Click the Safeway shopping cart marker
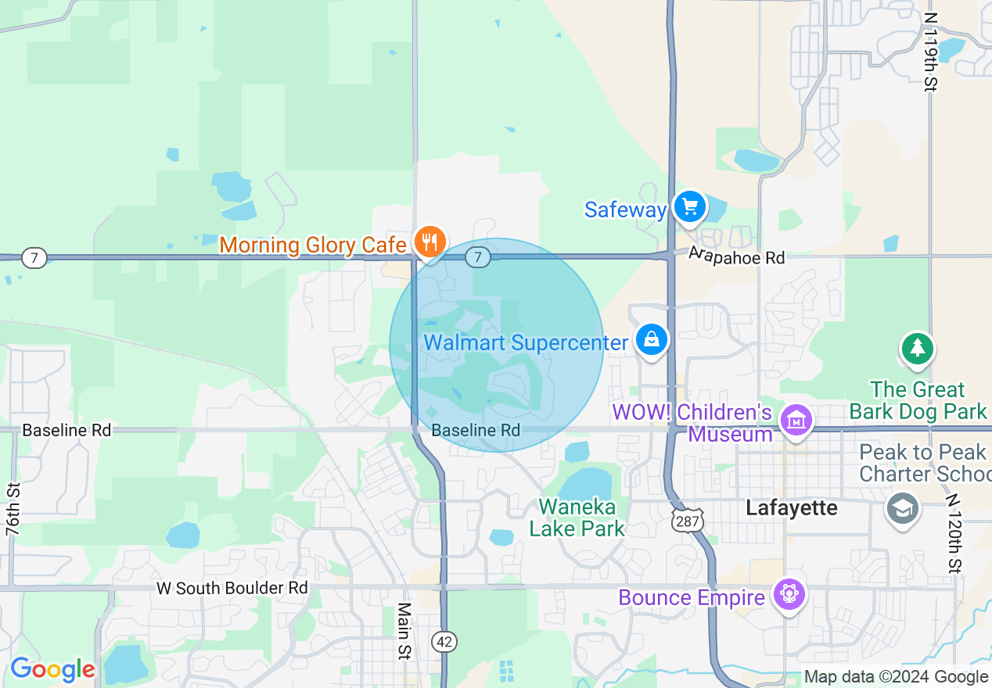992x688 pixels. point(689,207)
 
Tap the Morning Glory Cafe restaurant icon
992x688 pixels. point(429,242)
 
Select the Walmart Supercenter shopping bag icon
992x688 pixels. point(651,339)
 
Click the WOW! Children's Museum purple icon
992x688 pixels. point(796,421)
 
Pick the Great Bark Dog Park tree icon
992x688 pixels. point(917,348)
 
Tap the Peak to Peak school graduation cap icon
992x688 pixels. point(902,509)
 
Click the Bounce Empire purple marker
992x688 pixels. point(788,594)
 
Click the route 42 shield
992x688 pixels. point(444,642)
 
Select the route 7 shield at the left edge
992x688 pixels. point(34,257)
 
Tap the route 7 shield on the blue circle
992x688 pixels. point(478,256)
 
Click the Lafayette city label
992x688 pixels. point(791,508)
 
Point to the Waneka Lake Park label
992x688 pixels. point(577,518)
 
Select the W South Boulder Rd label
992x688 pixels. point(232,588)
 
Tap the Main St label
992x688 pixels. point(404,630)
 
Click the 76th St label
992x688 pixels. point(13,509)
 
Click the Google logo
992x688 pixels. point(52,669)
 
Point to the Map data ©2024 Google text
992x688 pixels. point(897,677)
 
